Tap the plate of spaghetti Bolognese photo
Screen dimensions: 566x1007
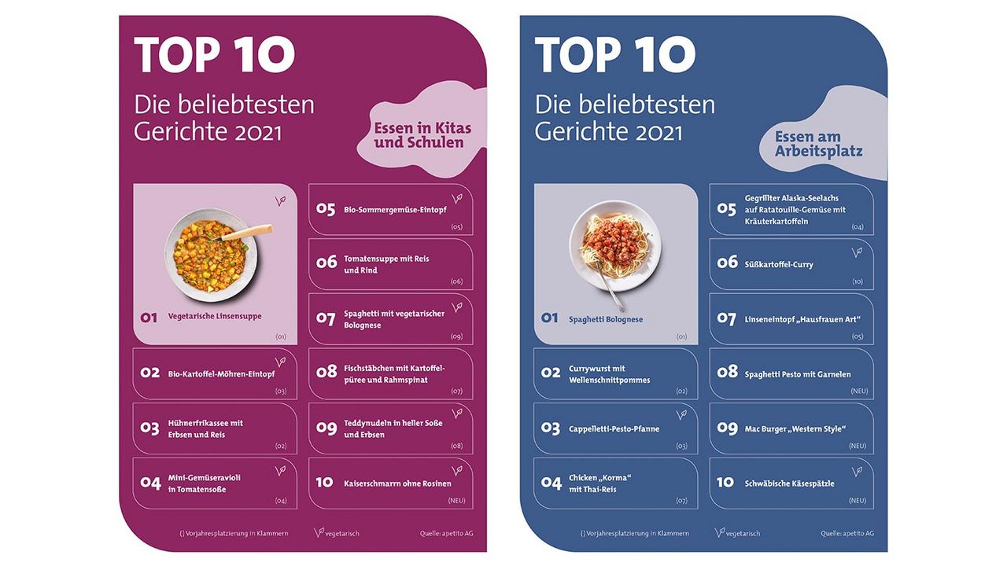pyautogui.click(x=614, y=244)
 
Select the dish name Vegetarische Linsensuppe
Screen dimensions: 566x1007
pyautogui.click(x=215, y=316)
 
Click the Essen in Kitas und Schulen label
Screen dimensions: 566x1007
pyautogui.click(x=422, y=135)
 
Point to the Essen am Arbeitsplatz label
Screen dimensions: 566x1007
pyautogui.click(x=818, y=144)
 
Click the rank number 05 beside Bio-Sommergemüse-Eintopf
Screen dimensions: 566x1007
pyautogui.click(x=326, y=209)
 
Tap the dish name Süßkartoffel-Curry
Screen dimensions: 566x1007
pyautogui.click(x=779, y=264)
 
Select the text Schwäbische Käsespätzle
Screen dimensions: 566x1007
pyautogui.click(x=789, y=483)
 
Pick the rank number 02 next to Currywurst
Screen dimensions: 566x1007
pyautogui.click(x=551, y=373)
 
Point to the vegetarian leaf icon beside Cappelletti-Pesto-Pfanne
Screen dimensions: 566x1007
pyautogui.click(x=681, y=414)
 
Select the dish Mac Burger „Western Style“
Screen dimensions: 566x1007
pyautogui.click(x=795, y=429)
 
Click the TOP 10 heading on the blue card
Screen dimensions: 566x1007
pyautogui.click(x=615, y=55)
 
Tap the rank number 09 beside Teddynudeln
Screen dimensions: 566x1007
pyautogui.click(x=326, y=428)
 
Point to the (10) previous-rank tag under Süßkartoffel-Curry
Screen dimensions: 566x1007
pyautogui.click(x=857, y=281)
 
